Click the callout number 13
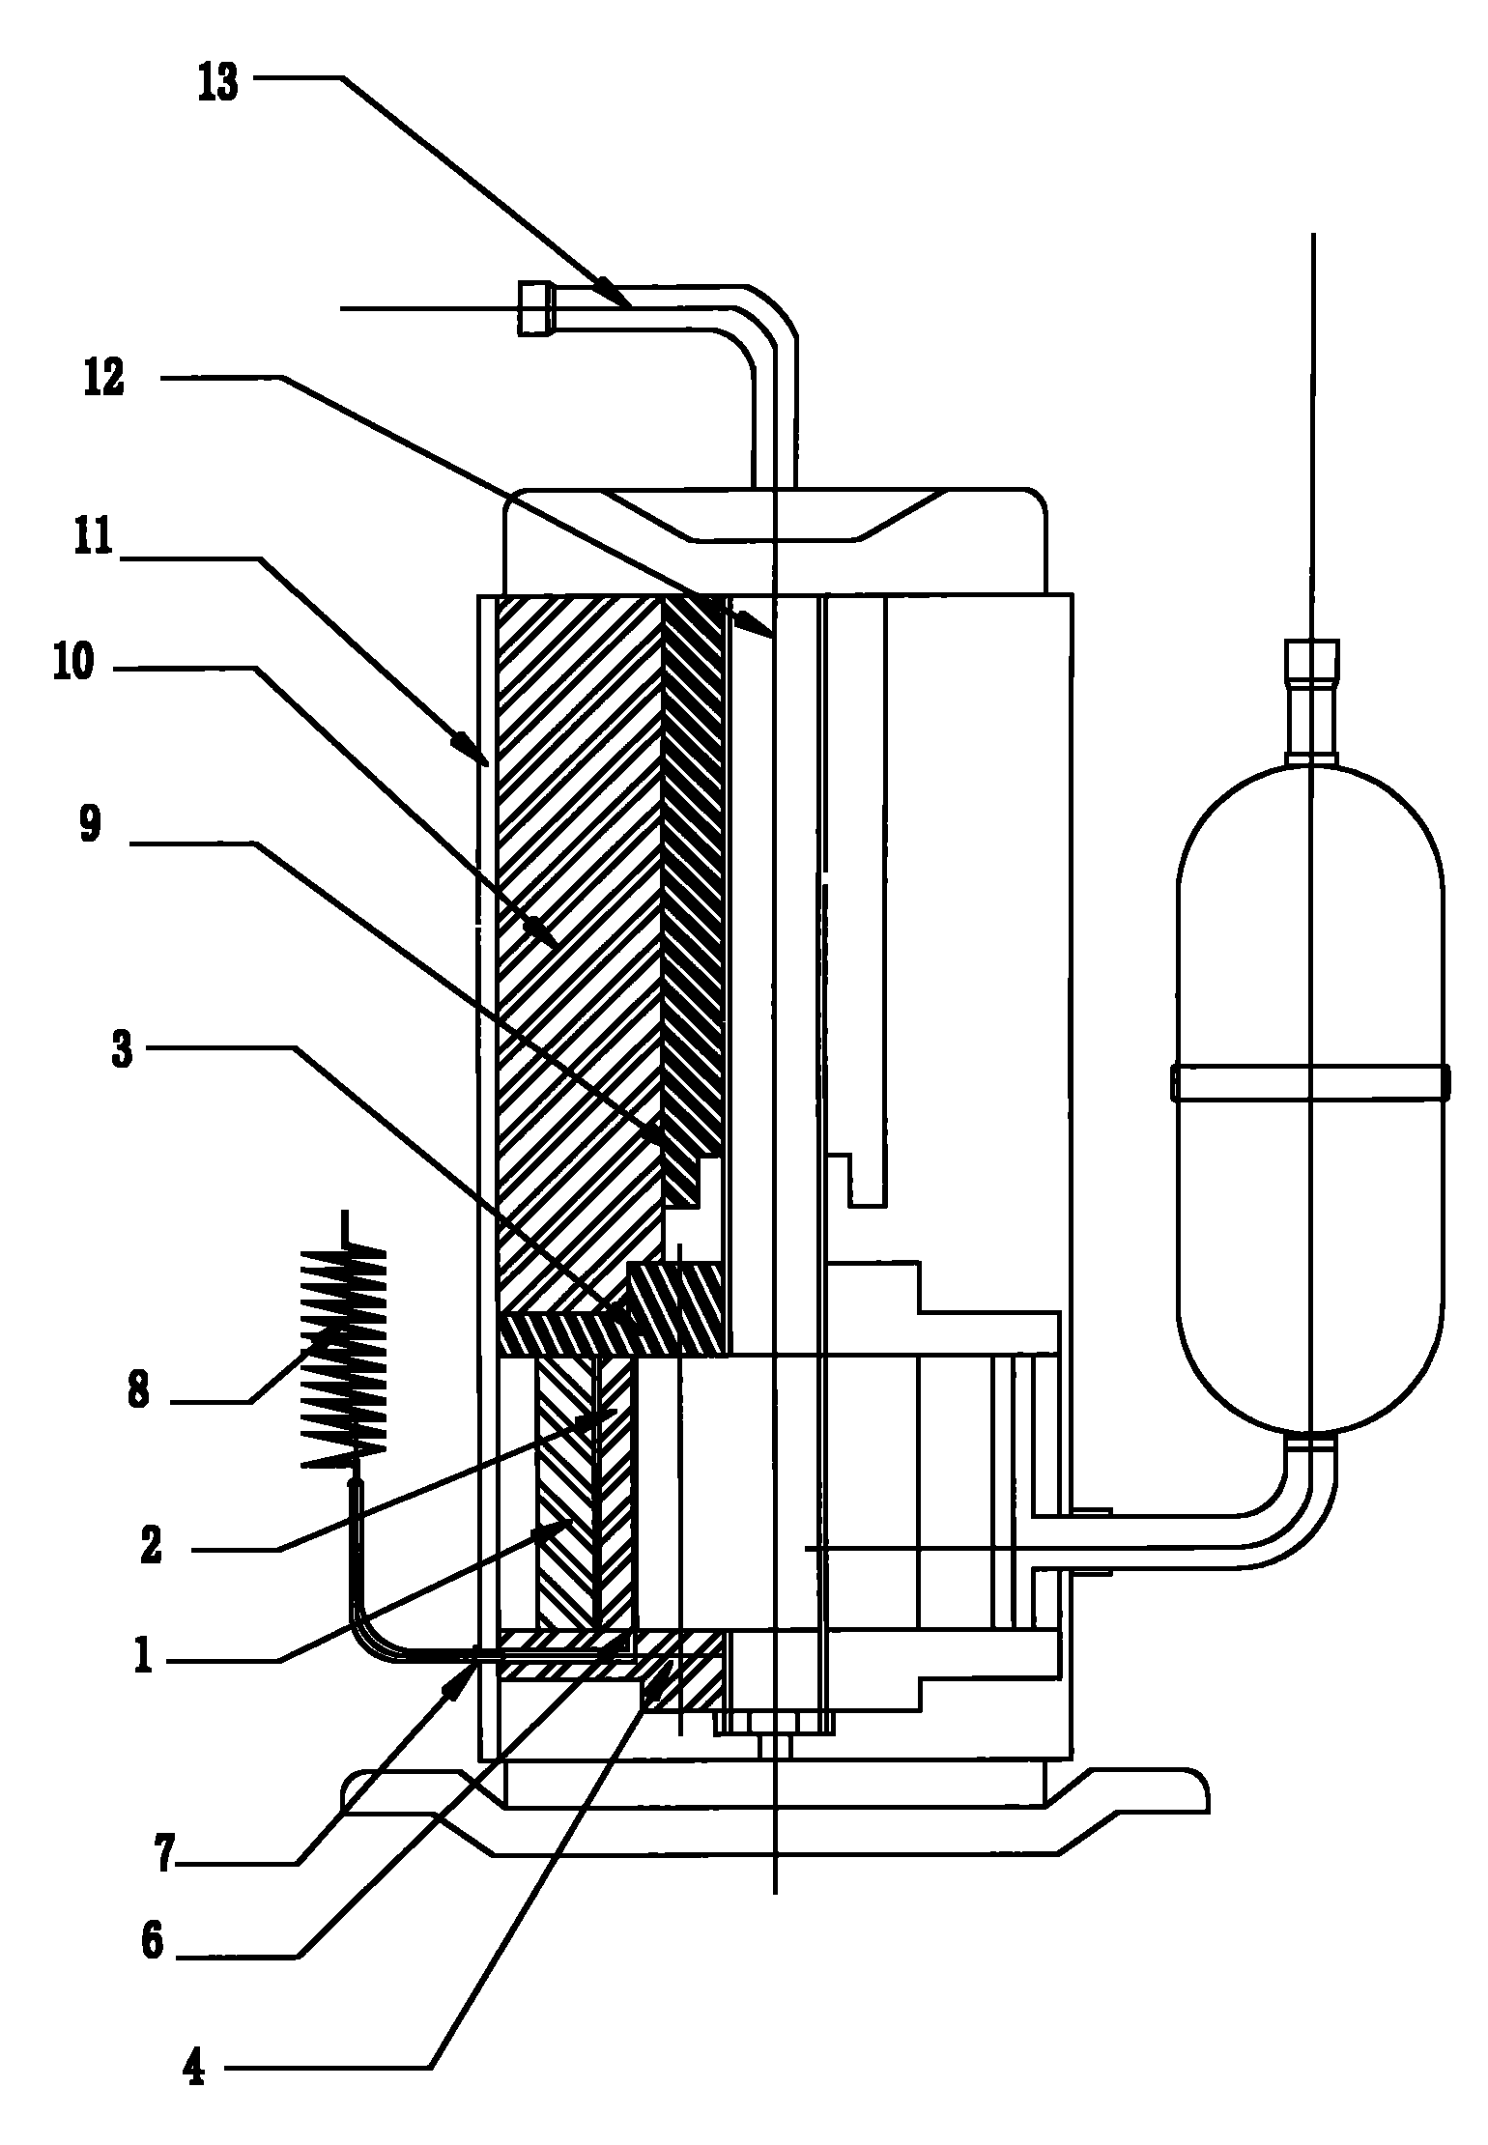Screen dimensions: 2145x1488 tap(218, 83)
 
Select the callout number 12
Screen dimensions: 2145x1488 tap(104, 378)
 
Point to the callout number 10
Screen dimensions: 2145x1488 tap(74, 664)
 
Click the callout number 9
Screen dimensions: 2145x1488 tap(90, 826)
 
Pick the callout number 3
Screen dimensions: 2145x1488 tap(122, 1052)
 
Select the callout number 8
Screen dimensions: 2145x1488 tap(138, 1395)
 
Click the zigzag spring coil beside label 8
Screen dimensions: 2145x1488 tap(345, 1356)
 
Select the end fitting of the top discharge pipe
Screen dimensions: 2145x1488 tap(533, 308)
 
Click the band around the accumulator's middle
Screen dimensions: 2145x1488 tap(1310, 1082)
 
